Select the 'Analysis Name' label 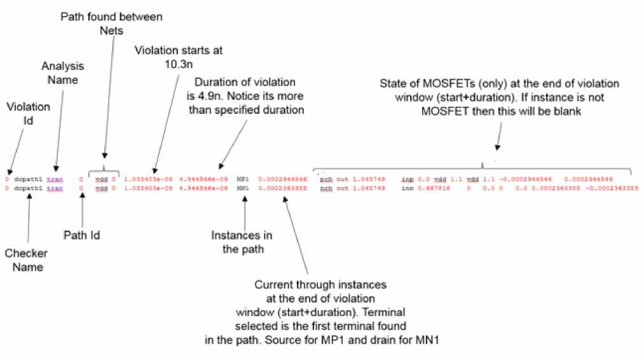point(63,73)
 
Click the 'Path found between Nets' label point(102,23)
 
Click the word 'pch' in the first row point(326,179)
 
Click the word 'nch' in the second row point(326,188)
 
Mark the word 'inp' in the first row point(408,179)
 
